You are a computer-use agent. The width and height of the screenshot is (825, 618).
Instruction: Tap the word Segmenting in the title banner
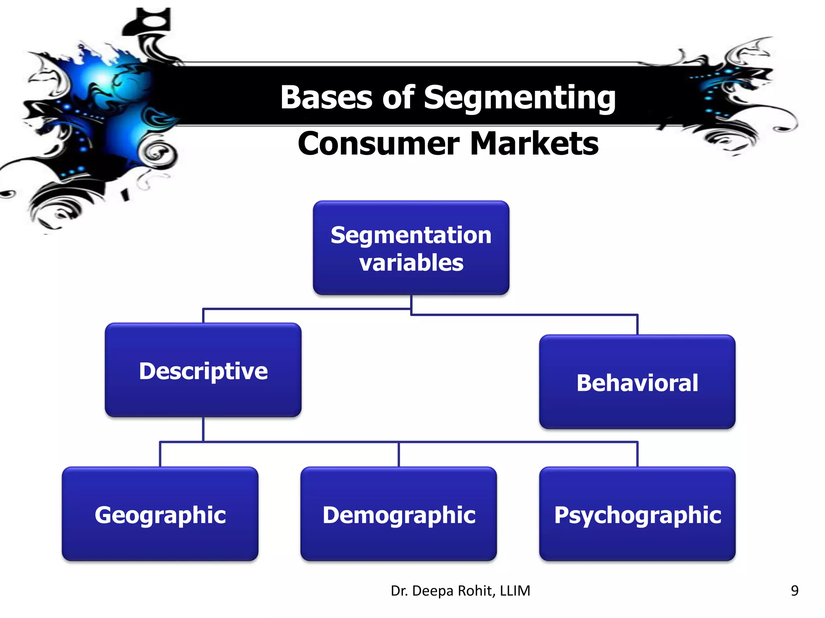click(x=520, y=98)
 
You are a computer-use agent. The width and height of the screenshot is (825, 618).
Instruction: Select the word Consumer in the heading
click(x=379, y=144)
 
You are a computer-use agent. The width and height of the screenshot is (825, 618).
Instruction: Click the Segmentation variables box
click(x=411, y=248)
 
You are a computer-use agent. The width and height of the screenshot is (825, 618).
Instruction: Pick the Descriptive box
click(x=203, y=370)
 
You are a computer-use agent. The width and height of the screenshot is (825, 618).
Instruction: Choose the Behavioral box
click(x=637, y=382)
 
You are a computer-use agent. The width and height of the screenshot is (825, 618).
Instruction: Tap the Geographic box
click(x=160, y=514)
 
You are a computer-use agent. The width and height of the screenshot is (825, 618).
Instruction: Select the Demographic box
click(x=398, y=514)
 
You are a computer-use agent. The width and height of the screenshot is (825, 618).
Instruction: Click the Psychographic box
click(x=637, y=514)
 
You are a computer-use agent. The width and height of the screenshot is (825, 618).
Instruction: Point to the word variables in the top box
click(x=411, y=263)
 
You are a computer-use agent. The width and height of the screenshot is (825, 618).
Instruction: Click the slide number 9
click(x=794, y=590)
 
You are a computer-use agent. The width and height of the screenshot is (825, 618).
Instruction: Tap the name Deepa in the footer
click(x=433, y=591)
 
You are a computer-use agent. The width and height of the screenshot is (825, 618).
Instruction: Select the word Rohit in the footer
click(x=476, y=591)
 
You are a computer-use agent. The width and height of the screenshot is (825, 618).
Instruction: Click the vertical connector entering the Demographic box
click(x=398, y=455)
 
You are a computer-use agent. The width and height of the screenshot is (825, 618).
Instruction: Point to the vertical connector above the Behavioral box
click(x=637, y=324)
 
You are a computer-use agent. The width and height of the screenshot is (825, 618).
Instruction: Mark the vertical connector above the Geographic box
click(x=160, y=455)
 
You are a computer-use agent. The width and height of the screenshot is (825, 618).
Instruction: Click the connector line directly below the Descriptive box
click(x=203, y=429)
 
